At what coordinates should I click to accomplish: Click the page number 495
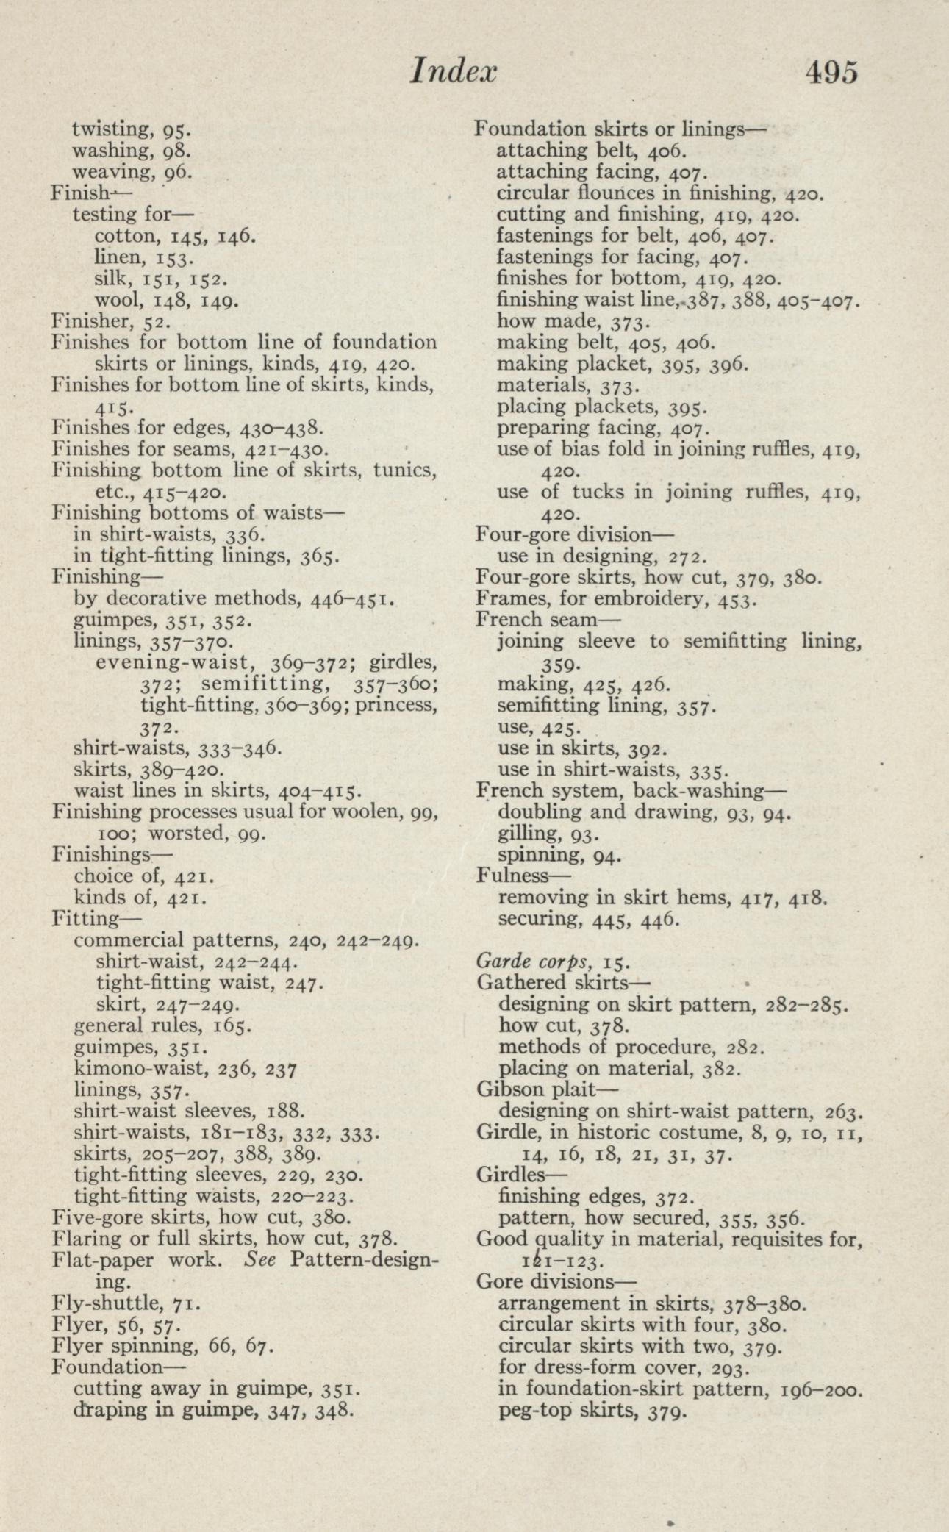click(x=831, y=73)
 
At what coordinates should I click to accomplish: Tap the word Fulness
click(x=512, y=876)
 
